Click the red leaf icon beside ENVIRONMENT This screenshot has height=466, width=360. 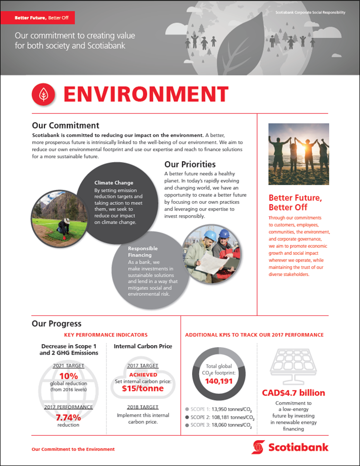43,95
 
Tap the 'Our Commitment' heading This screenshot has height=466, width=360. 66,125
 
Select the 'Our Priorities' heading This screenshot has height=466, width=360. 190,164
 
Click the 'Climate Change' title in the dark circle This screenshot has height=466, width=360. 114,183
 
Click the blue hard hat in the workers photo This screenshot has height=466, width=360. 224,234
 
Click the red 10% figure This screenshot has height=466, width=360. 69,376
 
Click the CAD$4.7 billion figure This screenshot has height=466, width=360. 293,392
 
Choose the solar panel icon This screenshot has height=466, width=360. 293,365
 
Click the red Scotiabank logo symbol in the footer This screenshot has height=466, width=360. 258,446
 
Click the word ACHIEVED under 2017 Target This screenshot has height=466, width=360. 143,375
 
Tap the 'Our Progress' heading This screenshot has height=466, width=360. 56,324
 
